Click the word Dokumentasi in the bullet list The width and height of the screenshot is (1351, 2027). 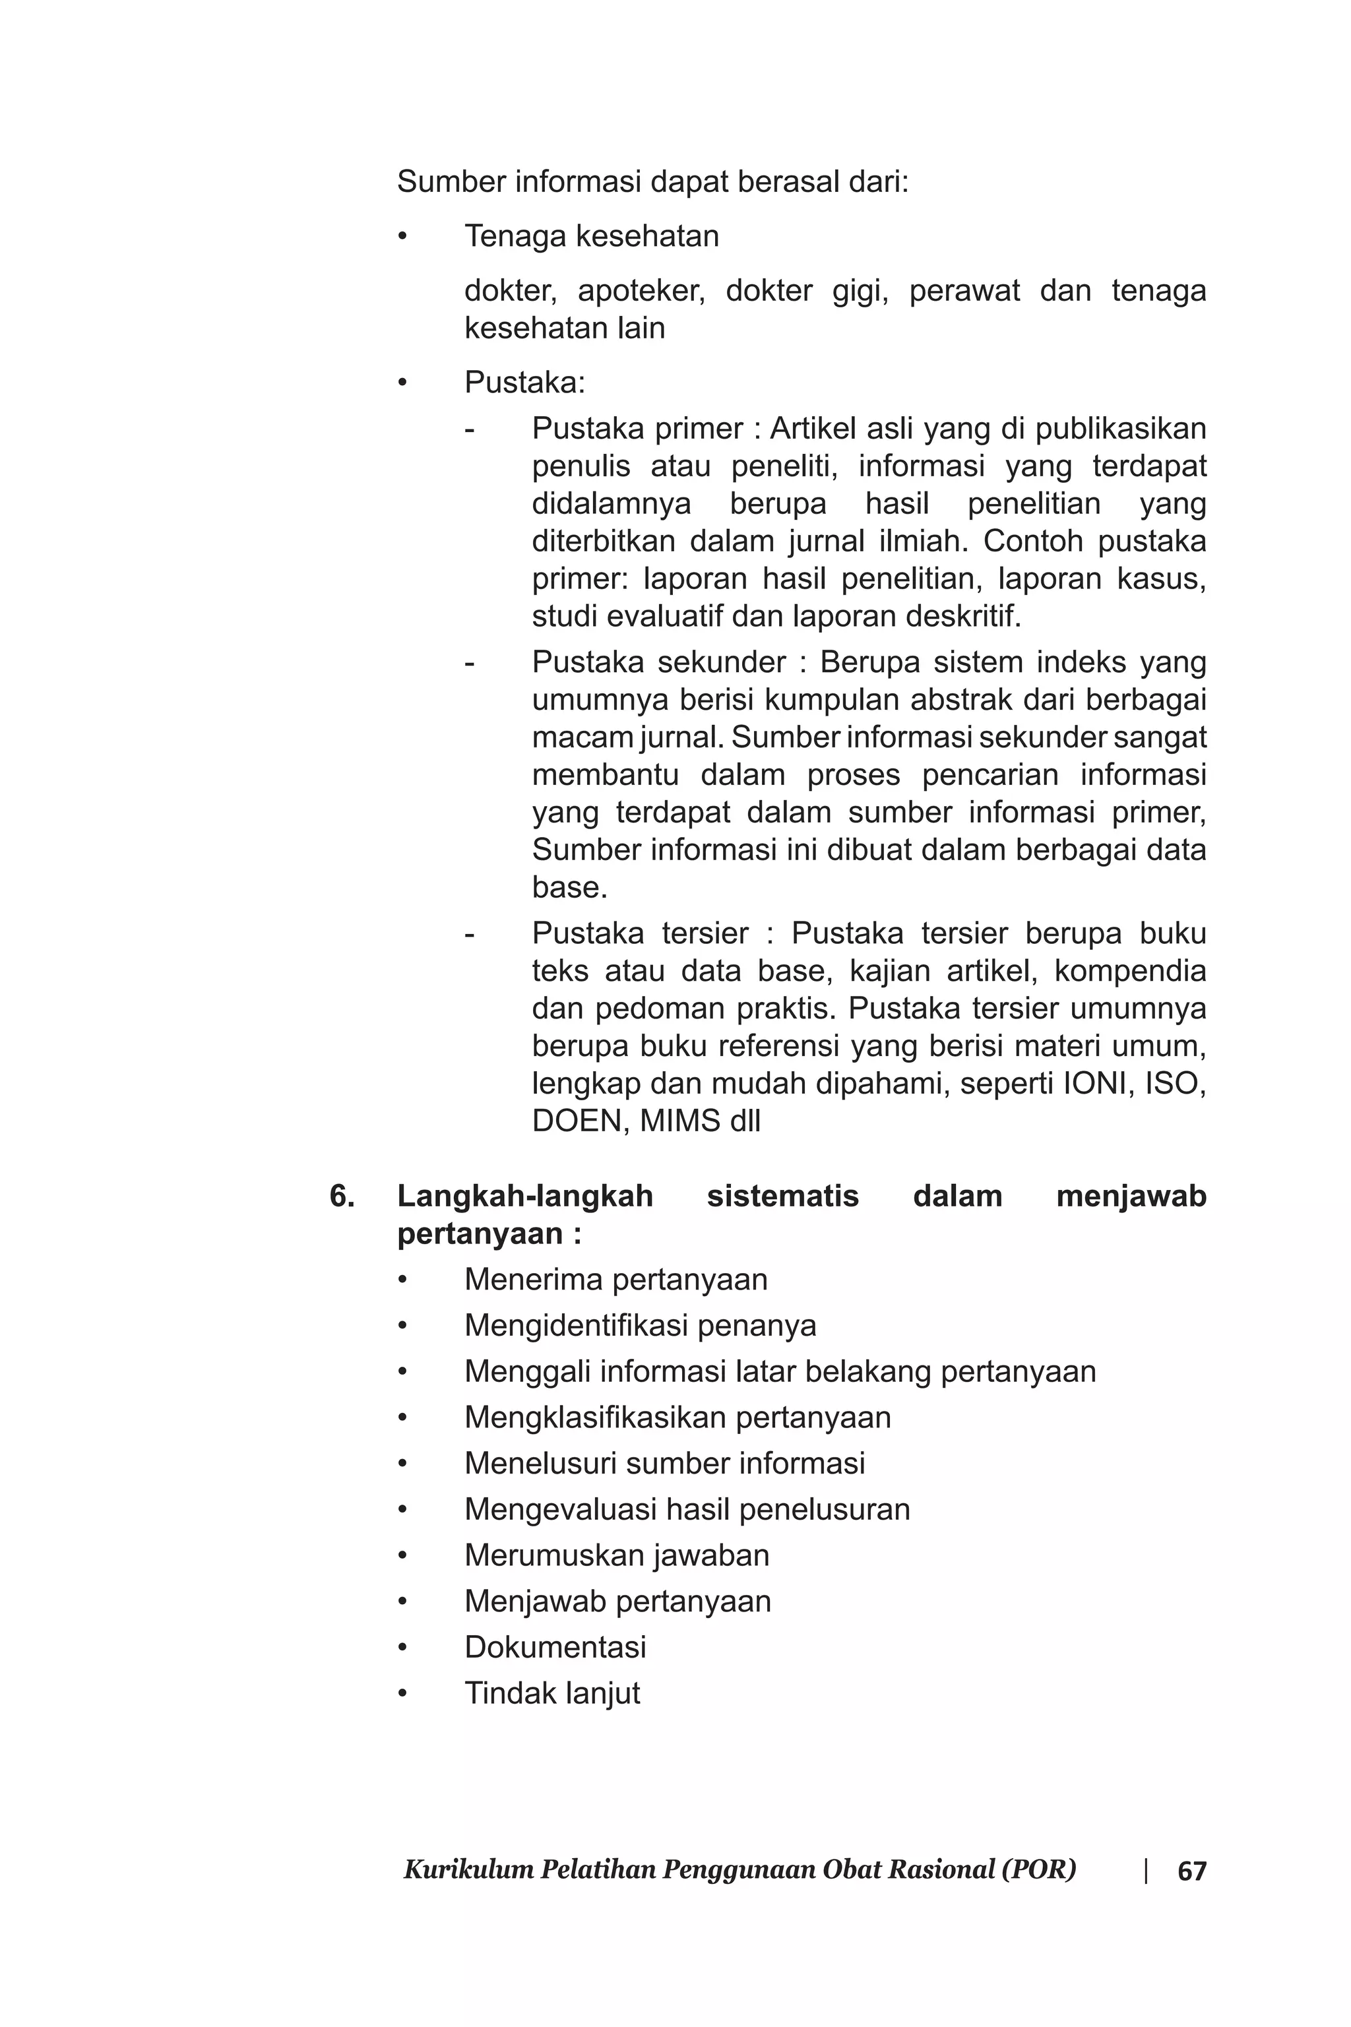(555, 1647)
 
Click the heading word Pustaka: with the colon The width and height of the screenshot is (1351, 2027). (524, 383)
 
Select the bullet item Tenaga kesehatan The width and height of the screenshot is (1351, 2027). (591, 236)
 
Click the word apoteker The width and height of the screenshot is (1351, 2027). (641, 291)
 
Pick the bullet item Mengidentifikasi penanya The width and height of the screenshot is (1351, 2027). (640, 1325)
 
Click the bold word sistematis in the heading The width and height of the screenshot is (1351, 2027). (782, 1197)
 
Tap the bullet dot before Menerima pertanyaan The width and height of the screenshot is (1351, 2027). (402, 1280)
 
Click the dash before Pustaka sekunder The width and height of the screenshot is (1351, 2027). (470, 664)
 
